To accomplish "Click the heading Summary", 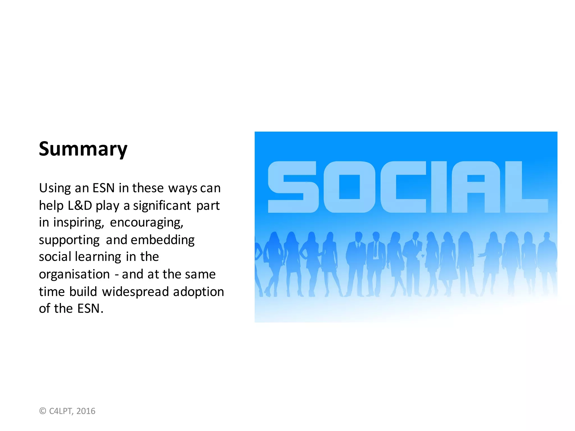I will (x=83, y=149).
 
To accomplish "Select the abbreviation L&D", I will (x=80, y=206).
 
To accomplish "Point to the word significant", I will (x=162, y=206).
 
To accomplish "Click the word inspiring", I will (x=79, y=223).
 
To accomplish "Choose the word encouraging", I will (x=147, y=223).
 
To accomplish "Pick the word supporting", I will (x=69, y=240).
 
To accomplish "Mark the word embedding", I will (x=163, y=240).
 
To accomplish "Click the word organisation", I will (x=74, y=274).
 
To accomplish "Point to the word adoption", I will (x=198, y=292).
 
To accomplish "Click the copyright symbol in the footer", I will (x=43, y=411).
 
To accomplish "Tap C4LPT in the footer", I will (x=61, y=411).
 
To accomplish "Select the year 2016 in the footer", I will (x=86, y=411).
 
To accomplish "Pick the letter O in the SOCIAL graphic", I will (x=349, y=187).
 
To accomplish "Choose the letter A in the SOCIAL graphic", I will (x=476, y=187).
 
